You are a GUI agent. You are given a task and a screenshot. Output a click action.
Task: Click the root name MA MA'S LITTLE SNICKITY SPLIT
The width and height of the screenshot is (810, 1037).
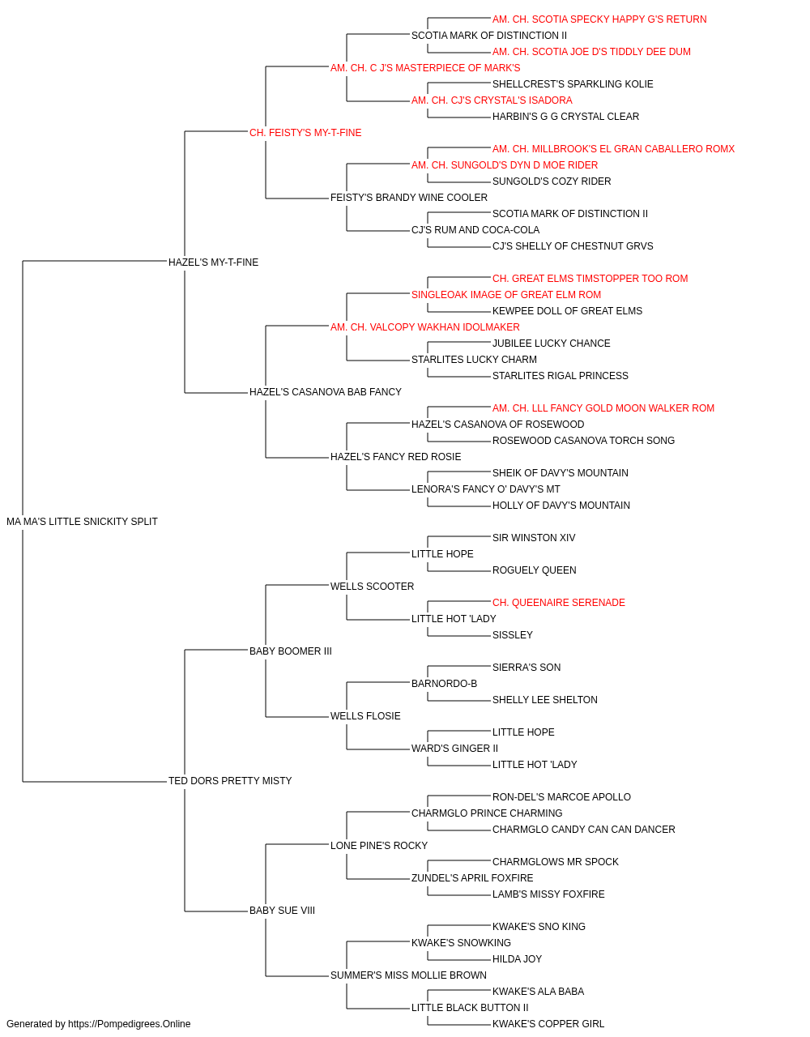82,522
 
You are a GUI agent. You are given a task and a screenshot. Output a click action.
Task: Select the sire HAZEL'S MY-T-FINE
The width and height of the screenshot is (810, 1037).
213,262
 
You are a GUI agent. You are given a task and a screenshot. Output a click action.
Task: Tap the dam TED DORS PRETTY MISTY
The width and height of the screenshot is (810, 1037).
230,781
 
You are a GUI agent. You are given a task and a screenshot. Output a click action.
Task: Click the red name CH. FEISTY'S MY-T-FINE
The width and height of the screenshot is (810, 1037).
305,133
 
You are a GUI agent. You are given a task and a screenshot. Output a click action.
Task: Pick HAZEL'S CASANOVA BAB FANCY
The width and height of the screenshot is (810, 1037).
326,392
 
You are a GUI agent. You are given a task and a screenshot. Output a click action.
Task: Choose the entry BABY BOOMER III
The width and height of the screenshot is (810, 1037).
291,651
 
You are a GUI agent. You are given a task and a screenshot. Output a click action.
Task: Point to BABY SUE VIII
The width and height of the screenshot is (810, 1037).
282,910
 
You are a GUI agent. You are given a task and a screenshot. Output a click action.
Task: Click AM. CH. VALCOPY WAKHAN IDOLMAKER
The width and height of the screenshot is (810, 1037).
425,326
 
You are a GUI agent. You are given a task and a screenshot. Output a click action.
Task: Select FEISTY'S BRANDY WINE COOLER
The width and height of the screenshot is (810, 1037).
409,197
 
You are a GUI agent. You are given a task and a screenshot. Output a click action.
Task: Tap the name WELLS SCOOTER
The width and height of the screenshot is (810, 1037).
372,586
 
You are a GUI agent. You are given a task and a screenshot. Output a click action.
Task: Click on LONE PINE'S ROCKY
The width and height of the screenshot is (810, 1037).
379,845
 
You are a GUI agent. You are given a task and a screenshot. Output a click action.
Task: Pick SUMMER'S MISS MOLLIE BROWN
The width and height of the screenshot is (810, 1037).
408,975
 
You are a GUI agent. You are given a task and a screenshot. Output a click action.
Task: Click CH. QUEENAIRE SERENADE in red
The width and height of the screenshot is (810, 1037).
559,602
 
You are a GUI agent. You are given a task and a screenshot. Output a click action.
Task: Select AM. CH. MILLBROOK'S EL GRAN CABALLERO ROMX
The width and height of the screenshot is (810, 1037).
613,149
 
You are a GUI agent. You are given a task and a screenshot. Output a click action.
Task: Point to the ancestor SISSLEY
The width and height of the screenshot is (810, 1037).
513,634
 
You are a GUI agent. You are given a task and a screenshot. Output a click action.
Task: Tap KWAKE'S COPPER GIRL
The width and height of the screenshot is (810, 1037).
548,1024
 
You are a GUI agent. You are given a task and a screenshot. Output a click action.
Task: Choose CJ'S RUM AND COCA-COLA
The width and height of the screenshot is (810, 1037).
475,229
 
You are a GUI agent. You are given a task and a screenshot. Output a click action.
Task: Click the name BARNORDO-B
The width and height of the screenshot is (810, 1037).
444,684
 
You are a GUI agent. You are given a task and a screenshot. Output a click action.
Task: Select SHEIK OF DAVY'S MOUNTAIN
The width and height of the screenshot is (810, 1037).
560,472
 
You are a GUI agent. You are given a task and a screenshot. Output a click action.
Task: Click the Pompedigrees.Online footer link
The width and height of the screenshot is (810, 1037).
129,1024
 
